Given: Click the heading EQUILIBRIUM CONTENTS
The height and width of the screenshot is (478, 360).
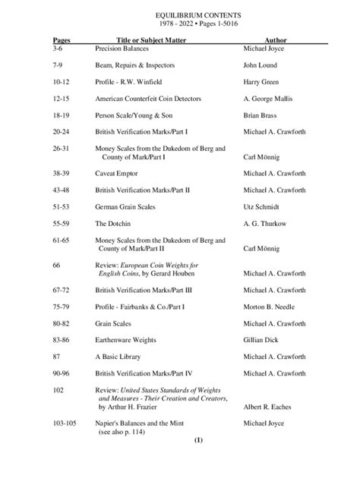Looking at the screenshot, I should point(180,14).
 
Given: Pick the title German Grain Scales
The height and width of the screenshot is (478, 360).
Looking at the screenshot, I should point(125,206).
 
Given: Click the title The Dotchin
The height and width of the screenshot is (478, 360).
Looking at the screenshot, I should point(112,224).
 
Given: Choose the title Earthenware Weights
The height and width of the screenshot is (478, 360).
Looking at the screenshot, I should point(126,341).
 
